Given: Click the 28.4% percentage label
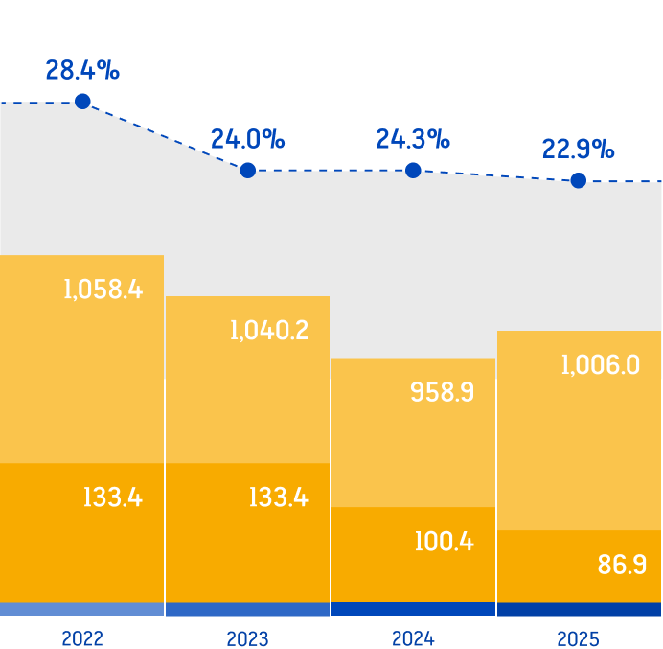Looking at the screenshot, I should coord(82,70).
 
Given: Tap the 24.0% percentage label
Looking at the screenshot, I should coord(248,140).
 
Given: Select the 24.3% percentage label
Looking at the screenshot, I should coord(413,140).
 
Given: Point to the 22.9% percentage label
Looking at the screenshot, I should coord(578,150).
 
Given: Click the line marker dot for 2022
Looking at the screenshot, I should coord(83,101).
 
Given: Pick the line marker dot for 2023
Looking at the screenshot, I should coord(248,170).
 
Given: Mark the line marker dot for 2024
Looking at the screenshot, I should coord(413,170).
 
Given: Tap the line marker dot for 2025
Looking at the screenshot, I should coord(578,180).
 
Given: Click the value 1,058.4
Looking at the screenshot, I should coord(103,289).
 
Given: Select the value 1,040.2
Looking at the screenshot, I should coord(269,331).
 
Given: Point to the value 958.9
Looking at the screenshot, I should coord(442,392).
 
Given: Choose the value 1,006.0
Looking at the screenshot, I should coord(601,364).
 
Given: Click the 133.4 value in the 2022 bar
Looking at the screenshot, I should coord(112,498).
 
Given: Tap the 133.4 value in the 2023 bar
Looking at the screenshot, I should coord(278,498).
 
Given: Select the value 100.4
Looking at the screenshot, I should coord(444,541).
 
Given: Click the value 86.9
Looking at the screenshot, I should coord(622,565).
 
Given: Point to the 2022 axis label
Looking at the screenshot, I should coord(82,638).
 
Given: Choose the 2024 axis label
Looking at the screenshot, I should coord(413,638).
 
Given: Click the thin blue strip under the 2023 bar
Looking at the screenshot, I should coord(247,610).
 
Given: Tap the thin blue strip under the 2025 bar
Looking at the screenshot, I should coord(579,610).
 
